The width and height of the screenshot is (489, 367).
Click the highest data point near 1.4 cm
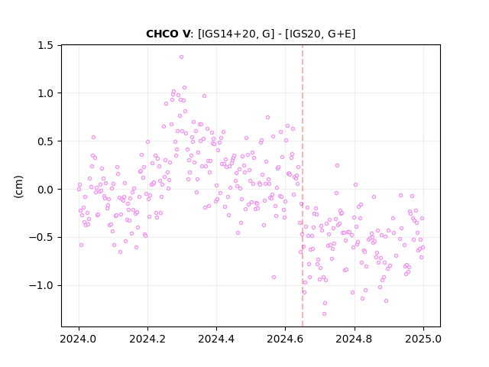181,57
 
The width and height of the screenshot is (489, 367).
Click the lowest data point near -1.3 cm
324,313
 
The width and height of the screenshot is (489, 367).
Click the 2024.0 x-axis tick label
79,339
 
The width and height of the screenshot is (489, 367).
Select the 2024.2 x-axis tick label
147,339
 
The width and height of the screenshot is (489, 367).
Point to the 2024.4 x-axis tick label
216,339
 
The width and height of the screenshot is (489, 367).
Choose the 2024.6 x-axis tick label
285,339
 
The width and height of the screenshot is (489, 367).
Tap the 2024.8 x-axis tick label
354,339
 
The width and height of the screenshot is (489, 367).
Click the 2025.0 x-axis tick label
423,339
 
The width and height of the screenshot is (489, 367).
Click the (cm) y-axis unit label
18,187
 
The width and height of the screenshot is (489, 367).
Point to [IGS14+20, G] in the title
236,34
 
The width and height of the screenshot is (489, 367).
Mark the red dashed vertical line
303,186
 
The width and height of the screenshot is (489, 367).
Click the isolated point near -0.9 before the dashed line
274,277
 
